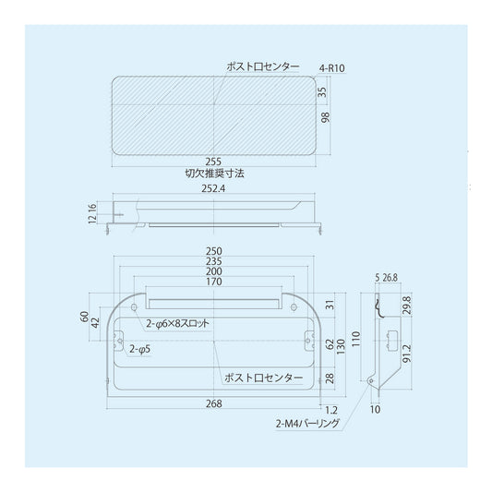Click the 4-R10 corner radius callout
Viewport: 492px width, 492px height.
point(331,68)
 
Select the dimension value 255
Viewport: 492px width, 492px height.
point(213,162)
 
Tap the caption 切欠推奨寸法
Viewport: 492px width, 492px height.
point(215,174)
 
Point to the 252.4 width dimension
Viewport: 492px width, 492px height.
point(213,188)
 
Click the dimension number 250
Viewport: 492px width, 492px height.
point(214,251)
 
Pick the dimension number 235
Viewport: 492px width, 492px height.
point(214,261)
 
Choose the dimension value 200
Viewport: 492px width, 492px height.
point(214,271)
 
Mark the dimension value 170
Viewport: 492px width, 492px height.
point(214,282)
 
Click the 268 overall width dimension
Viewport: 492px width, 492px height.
point(214,403)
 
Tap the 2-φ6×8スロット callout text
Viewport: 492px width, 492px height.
point(177,323)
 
